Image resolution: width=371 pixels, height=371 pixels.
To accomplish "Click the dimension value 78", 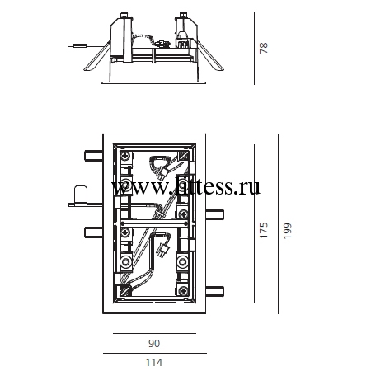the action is coord(263,48).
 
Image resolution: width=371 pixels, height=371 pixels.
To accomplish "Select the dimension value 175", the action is coord(263,230).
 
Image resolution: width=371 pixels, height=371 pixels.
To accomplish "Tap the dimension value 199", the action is coord(287,231).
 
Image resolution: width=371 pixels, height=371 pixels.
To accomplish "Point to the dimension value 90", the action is coord(154,343).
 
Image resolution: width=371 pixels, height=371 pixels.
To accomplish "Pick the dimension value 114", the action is coord(154,363).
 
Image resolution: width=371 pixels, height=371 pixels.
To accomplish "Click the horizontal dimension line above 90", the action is coord(154,333).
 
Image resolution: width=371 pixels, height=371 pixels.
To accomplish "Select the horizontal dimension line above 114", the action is coord(155,353).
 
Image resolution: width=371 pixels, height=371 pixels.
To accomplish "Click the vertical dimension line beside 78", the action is coord(254,49).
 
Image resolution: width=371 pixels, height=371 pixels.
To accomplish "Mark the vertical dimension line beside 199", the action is coord(278,224).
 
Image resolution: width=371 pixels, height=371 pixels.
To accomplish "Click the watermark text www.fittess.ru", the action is coord(185,187).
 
